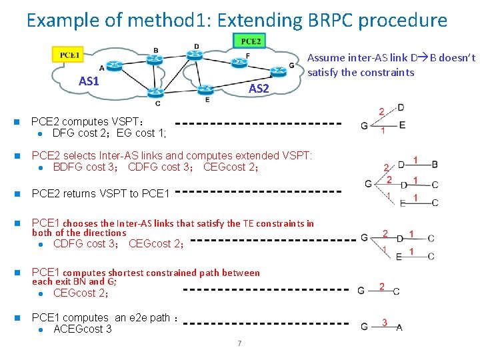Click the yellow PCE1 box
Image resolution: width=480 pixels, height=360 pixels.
tap(69, 54)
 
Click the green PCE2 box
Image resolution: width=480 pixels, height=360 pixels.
tap(251, 41)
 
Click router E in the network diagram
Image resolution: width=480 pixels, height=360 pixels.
tap(207, 89)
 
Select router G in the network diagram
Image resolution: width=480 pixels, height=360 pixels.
tap(276, 69)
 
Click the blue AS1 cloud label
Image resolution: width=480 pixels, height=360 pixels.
tap(89, 81)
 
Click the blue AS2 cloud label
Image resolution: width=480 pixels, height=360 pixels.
tap(259, 89)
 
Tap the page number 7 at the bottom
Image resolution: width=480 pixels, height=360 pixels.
tap(239, 343)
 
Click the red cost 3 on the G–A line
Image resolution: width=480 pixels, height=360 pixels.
tap(385, 323)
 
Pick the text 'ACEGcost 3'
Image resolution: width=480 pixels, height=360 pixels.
tap(82, 329)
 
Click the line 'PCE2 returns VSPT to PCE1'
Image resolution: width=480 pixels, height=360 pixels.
tap(101, 193)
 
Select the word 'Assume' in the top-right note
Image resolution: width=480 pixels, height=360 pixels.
tap(326, 58)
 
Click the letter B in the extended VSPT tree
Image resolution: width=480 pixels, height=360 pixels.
tap(435, 164)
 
